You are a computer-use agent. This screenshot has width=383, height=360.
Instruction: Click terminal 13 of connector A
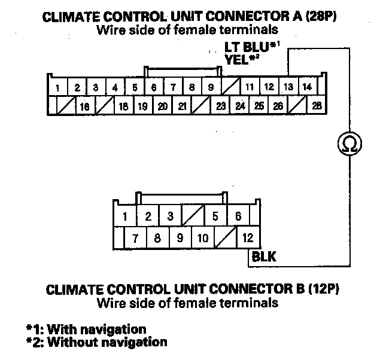(x=288, y=87)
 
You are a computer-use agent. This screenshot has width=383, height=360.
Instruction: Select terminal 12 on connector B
(x=248, y=238)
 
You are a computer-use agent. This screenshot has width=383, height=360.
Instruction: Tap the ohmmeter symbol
(x=348, y=142)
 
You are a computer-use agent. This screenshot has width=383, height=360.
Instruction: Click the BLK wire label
(x=263, y=258)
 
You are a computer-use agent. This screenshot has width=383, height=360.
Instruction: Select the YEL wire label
(x=238, y=59)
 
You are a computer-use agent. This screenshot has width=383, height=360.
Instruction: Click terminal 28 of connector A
(x=316, y=106)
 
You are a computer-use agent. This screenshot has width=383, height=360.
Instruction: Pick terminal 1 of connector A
(x=57, y=89)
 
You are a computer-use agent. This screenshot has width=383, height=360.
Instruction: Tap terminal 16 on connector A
(x=84, y=107)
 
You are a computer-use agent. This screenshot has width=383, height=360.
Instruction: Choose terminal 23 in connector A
(x=220, y=107)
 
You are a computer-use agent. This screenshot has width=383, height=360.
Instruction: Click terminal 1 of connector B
(x=125, y=216)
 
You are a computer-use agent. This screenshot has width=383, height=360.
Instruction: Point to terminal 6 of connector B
(x=238, y=216)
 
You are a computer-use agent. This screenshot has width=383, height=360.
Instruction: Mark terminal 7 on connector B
(x=136, y=238)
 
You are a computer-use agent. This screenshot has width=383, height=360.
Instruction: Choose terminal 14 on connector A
(x=307, y=87)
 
